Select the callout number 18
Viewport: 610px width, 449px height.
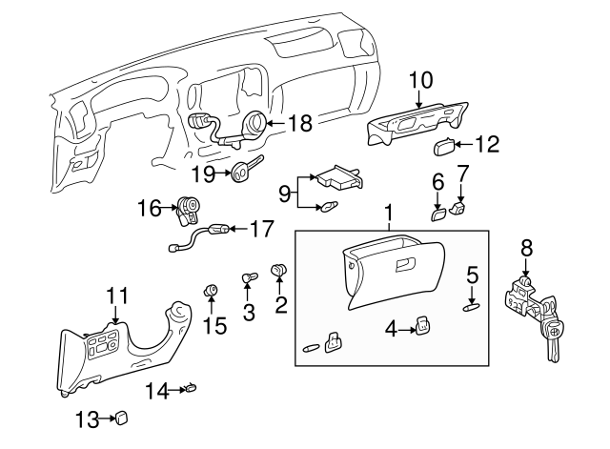pyautogui.click(x=299, y=122)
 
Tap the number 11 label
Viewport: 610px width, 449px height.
pyautogui.click(x=115, y=295)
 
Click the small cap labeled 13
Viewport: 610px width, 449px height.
pyautogui.click(x=122, y=418)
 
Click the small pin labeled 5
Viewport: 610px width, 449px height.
pyautogui.click(x=472, y=306)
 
